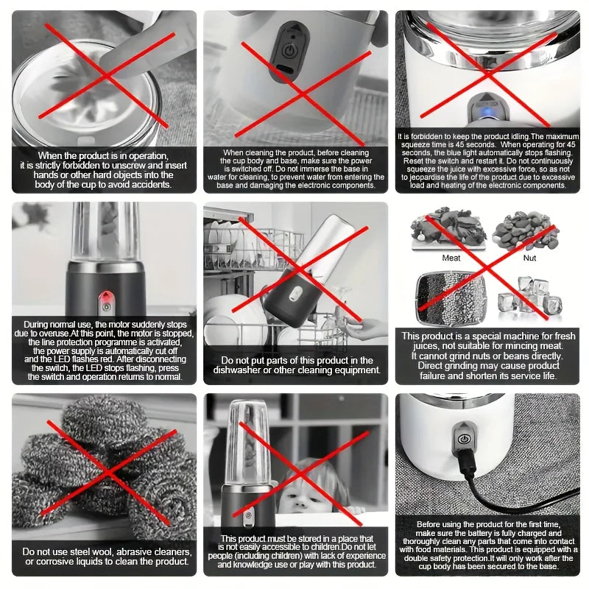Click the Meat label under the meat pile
coord(451,258)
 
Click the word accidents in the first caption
coord(151,185)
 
